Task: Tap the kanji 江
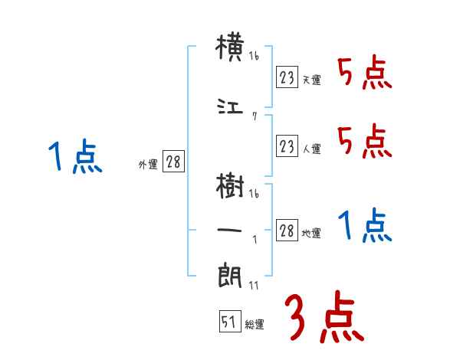(x=230, y=107)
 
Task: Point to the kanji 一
(x=230, y=228)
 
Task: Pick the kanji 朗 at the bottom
(x=230, y=274)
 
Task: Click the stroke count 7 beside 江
(x=254, y=116)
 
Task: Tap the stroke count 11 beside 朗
(x=254, y=285)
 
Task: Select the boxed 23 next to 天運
(x=287, y=77)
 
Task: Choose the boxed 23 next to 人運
(x=287, y=147)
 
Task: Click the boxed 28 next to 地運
(x=287, y=231)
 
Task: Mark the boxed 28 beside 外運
(x=173, y=163)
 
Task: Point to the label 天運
(x=311, y=80)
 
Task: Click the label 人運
(x=311, y=149)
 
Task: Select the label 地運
(x=311, y=233)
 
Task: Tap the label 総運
(x=255, y=325)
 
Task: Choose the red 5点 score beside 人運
(x=364, y=141)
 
